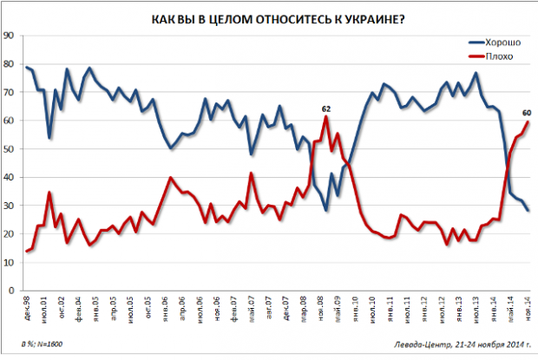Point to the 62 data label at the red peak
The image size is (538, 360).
pos(326,108)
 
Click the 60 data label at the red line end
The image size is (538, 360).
pos(527,112)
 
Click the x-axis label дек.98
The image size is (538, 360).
pos(27,308)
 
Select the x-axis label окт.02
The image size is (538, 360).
pos(61,308)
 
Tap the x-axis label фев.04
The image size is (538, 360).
pos(78,308)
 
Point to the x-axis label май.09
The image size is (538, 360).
pos(336,308)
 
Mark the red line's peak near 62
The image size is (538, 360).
pos(326,116)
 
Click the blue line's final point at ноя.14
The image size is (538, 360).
pos(528,211)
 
